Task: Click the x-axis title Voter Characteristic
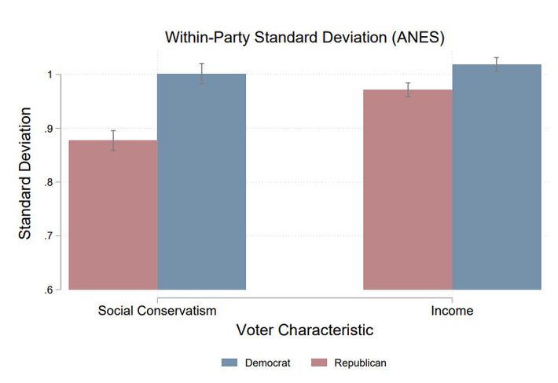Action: (304, 330)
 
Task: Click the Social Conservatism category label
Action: (157, 311)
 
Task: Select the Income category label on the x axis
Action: (452, 311)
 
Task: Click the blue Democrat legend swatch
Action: (229, 363)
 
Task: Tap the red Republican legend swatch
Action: (319, 363)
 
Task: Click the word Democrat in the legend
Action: (268, 363)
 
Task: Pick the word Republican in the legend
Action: (360, 363)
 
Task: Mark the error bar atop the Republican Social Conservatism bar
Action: (113, 140)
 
